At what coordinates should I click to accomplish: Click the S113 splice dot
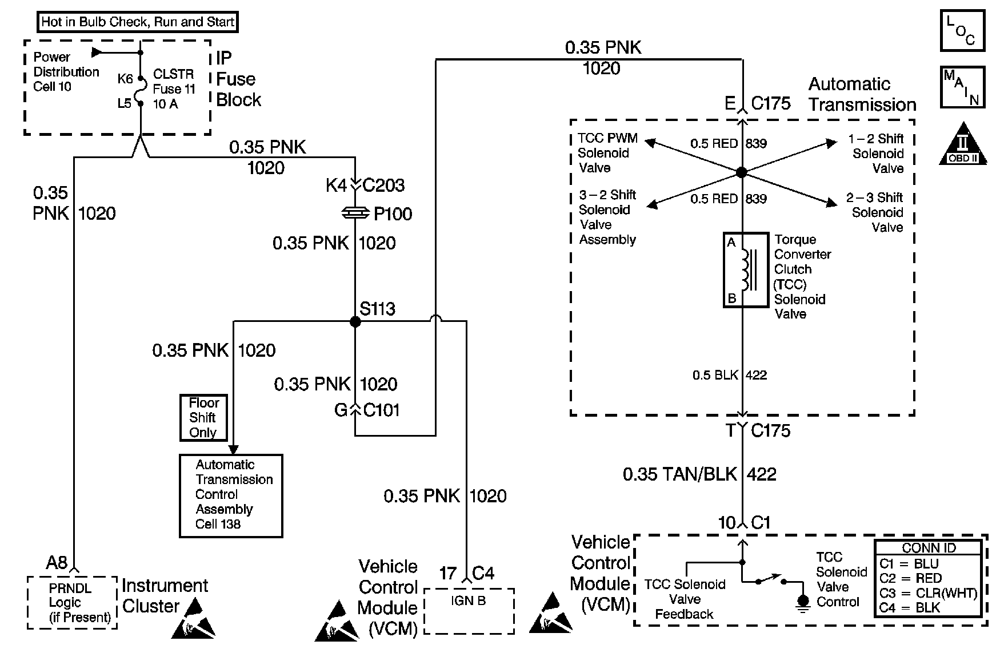(355, 322)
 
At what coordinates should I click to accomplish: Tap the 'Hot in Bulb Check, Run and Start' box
(138, 22)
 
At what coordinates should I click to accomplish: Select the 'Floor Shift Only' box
(203, 418)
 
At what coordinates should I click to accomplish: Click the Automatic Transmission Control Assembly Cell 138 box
(231, 495)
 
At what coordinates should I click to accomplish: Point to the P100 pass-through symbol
(355, 213)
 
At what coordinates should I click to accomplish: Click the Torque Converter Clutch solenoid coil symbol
(746, 270)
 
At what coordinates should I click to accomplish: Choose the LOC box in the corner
(963, 30)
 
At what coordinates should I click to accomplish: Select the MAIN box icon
(963, 87)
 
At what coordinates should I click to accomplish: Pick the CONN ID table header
(929, 548)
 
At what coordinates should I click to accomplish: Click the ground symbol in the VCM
(803, 602)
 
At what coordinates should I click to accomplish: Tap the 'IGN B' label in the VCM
(469, 600)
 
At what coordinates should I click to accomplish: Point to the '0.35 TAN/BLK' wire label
(680, 474)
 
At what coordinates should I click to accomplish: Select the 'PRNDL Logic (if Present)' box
(72, 602)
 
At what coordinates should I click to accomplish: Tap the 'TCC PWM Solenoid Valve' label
(607, 153)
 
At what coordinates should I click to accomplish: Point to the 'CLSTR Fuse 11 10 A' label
(174, 89)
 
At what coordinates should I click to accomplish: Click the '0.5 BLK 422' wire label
(730, 375)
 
